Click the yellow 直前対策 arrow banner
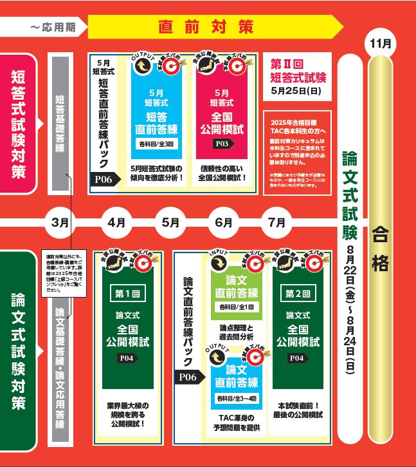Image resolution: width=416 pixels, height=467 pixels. coord(212,27)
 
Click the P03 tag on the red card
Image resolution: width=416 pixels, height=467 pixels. coord(222,144)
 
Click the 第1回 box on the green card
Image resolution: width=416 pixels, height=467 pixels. coord(127,293)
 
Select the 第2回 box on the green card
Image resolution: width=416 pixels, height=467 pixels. coord(297,293)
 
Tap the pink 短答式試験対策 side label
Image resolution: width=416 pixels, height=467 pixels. coord(19,122)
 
